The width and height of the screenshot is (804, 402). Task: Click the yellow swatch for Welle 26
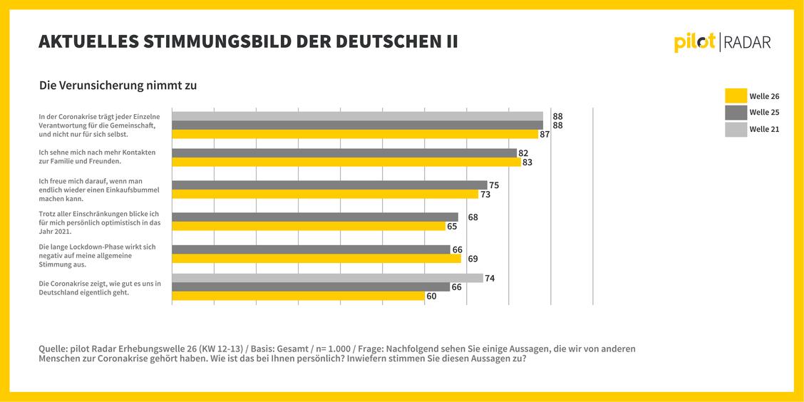click(x=736, y=96)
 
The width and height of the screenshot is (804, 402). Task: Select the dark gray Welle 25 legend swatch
click(x=736, y=113)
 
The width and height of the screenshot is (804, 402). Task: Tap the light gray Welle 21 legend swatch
click(x=736, y=130)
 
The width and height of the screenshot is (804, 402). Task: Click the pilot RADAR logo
click(x=722, y=42)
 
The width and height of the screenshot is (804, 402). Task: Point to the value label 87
click(x=545, y=134)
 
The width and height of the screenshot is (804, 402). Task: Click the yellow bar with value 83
click(x=346, y=162)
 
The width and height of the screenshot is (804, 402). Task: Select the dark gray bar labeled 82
click(x=344, y=153)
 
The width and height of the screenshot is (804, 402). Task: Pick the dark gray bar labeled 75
click(x=329, y=185)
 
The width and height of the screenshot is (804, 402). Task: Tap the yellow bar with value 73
click(x=325, y=195)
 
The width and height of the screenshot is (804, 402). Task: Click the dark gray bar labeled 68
click(x=315, y=217)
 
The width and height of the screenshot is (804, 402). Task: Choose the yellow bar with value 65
click(x=309, y=226)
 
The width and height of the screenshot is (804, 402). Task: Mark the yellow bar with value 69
click(x=316, y=259)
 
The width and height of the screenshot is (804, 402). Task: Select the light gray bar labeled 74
click(x=327, y=278)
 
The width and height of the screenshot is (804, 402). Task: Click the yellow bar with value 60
click(x=298, y=297)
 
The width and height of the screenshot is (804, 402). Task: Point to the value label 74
click(x=490, y=278)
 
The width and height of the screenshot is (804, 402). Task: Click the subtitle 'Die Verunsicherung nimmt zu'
click(x=118, y=86)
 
